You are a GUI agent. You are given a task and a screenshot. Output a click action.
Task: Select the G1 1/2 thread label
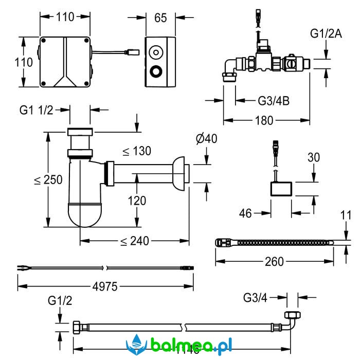pyautogui.click(x=36, y=110)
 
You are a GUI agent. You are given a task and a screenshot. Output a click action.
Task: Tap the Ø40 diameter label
pyautogui.click(x=206, y=139)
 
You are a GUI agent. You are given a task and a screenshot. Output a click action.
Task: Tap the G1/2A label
pyautogui.click(x=326, y=34)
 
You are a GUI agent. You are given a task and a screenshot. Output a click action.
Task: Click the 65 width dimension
pyautogui.click(x=160, y=18)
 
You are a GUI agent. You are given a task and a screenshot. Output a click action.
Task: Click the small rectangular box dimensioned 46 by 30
pyautogui.click(x=280, y=189)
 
